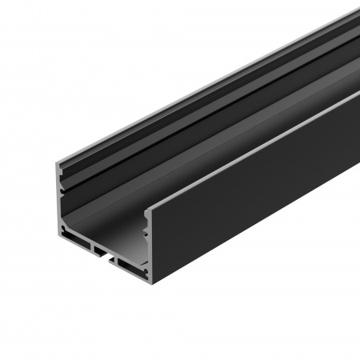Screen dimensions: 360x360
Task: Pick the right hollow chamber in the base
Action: (128, 260)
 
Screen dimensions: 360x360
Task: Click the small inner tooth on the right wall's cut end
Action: (146, 233)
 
